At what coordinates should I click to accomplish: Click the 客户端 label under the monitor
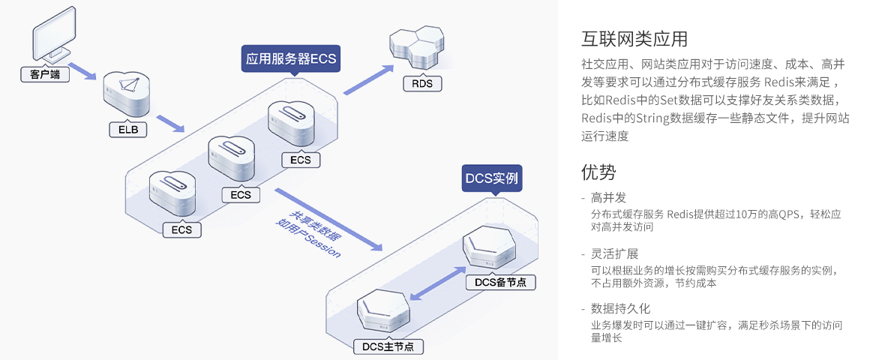tap(44, 74)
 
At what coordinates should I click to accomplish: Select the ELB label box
tap(127, 130)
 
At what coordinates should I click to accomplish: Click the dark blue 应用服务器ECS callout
tap(290, 58)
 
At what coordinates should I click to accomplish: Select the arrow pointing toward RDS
tap(368, 79)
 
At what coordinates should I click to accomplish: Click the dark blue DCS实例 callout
tap(491, 179)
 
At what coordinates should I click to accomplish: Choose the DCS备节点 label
tap(500, 282)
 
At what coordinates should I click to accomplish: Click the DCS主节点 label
tap(388, 346)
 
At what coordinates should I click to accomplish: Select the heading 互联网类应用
tap(634, 38)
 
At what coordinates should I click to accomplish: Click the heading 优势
tap(598, 172)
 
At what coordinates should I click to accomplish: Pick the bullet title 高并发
tap(608, 198)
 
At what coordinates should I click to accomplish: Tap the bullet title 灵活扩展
tap(614, 253)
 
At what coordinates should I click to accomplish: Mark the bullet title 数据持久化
tap(620, 308)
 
